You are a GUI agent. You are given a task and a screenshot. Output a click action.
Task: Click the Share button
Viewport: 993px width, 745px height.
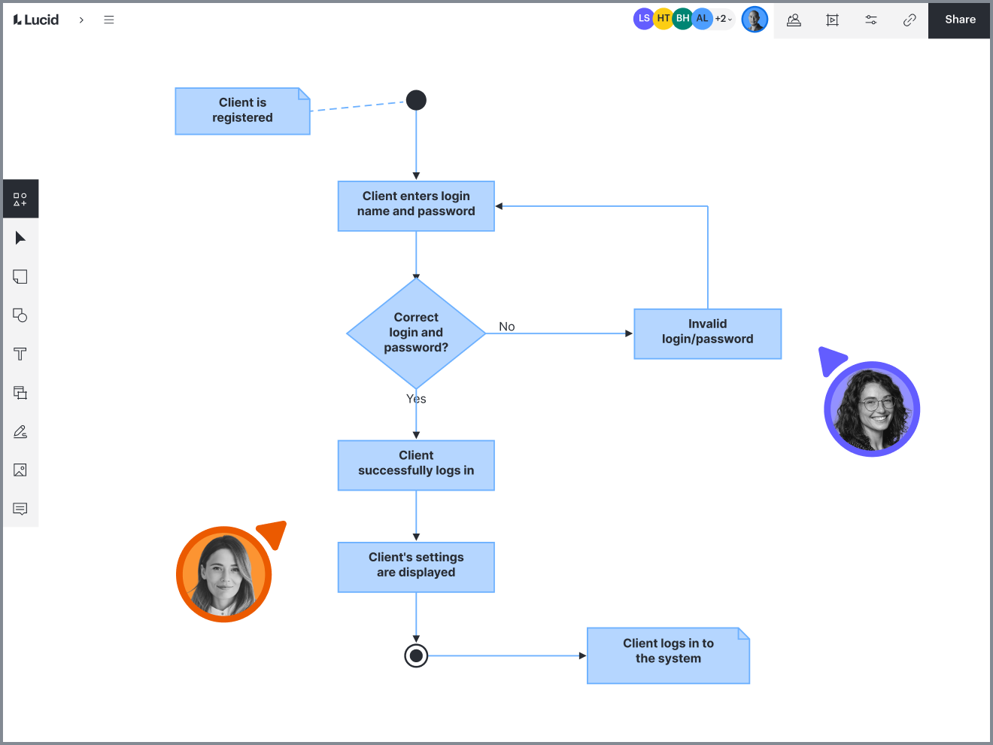(x=959, y=20)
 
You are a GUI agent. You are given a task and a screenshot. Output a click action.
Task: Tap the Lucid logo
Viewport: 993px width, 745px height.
(x=36, y=20)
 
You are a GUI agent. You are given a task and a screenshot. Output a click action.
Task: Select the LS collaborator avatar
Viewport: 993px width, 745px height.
(x=644, y=19)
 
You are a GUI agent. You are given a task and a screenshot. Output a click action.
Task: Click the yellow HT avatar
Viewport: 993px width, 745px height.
(x=664, y=19)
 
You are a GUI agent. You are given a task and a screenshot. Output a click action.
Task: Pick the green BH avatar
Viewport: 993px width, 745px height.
(x=682, y=19)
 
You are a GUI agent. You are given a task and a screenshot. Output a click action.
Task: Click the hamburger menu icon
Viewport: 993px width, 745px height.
(x=108, y=20)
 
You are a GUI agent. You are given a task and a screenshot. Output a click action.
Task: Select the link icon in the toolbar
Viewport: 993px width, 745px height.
(x=909, y=20)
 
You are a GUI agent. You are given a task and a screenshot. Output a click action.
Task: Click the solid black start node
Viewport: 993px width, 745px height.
(x=416, y=100)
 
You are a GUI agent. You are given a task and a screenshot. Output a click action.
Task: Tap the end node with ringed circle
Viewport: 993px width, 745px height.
(x=416, y=655)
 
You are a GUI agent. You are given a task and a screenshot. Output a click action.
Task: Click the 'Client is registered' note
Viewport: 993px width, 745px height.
(x=242, y=111)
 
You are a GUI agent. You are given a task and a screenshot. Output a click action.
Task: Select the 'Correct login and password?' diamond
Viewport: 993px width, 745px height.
(x=416, y=333)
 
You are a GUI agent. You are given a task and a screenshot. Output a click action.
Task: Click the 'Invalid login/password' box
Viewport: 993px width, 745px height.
(x=708, y=334)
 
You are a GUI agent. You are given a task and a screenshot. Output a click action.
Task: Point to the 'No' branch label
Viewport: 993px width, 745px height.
(x=507, y=327)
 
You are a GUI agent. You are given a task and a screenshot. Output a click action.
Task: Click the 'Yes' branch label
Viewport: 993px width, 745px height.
(x=416, y=399)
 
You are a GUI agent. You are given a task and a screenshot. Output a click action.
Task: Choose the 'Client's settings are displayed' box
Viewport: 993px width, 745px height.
(x=416, y=567)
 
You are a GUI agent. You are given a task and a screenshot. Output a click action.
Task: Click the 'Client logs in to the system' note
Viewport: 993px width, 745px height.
(x=668, y=655)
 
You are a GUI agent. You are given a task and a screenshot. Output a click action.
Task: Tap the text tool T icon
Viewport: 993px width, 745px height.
(x=20, y=354)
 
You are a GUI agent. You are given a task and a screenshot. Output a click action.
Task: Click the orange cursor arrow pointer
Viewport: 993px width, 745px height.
(x=274, y=534)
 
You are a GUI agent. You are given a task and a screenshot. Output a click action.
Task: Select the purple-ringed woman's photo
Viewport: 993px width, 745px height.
(x=872, y=409)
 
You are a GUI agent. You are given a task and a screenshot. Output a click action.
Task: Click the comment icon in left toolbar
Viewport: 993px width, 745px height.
(x=20, y=509)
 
